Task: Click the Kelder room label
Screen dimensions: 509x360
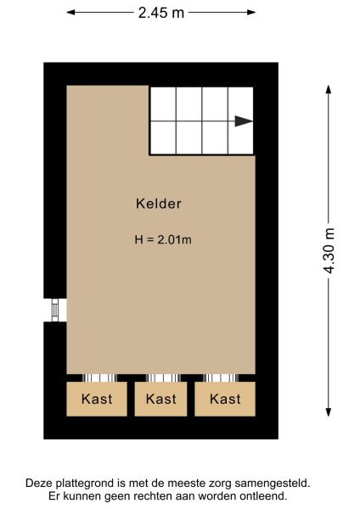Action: (159, 204)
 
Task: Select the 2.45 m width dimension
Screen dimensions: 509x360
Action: (160, 13)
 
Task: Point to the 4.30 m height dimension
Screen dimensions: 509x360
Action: (330, 249)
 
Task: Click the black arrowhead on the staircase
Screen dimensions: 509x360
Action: (244, 121)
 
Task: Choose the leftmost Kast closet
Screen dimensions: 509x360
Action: (97, 399)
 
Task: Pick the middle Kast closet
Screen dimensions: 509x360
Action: (160, 399)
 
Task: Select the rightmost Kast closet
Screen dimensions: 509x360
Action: (225, 399)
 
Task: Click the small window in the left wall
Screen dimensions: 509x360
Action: (55, 310)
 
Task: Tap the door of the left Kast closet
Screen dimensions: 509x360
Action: (98, 378)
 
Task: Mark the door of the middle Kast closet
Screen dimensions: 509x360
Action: (161, 378)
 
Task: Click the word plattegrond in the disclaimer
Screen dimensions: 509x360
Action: (87, 483)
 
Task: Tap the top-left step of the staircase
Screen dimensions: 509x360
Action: (163, 103)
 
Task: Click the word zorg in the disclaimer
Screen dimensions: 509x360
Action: (229, 483)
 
